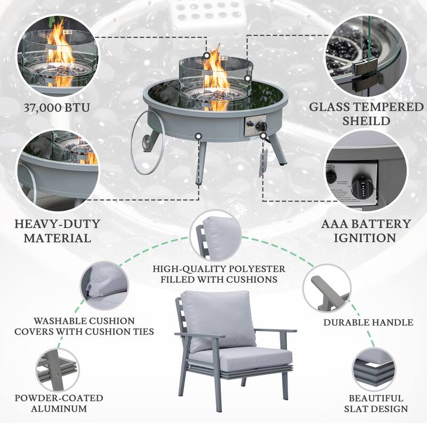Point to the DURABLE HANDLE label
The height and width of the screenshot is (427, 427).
tap(368, 322)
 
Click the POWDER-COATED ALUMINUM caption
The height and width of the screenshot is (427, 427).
tap(59, 404)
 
